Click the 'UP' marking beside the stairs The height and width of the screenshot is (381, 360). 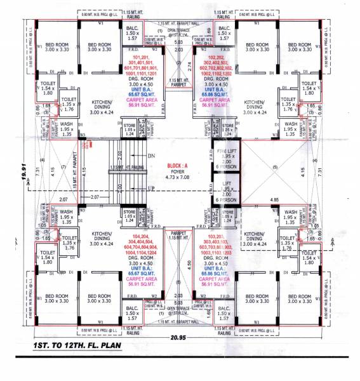pos(150,190)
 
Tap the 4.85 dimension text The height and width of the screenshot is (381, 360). pos(274,199)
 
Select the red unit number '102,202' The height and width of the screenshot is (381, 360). pos(217,57)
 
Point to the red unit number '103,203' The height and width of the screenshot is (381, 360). pos(217,235)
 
